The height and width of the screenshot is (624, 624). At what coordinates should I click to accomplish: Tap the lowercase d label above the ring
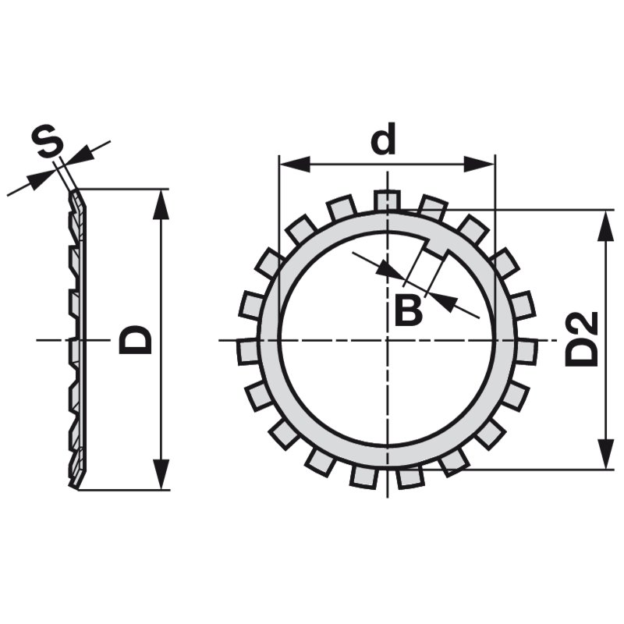point(384,141)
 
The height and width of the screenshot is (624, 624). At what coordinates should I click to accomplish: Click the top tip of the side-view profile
point(76,192)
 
